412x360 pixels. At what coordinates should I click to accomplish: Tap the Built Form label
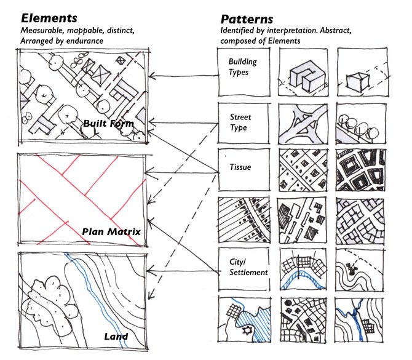[x=108, y=124]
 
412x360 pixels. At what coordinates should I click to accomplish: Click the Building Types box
[x=244, y=71]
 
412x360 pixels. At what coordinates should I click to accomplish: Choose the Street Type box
[x=244, y=122]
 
